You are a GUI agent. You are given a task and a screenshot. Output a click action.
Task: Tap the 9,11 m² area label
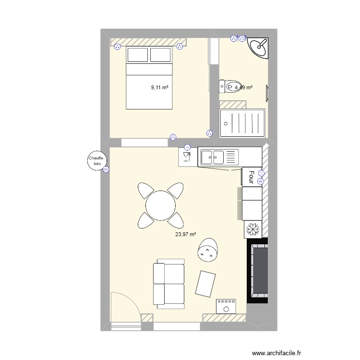(160, 87)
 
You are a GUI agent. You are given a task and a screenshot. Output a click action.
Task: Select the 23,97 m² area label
(185, 235)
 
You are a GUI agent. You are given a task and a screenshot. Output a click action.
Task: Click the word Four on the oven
(250, 177)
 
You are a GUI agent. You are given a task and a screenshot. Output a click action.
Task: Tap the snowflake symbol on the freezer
(252, 229)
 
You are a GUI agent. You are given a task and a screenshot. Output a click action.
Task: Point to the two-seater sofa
(168, 284)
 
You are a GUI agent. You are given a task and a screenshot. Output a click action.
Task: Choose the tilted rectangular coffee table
(206, 284)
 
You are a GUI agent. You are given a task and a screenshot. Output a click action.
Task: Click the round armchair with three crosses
(208, 250)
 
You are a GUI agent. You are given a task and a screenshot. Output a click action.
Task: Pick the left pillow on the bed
(137, 55)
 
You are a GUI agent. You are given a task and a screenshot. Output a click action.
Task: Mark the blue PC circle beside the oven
(260, 181)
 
